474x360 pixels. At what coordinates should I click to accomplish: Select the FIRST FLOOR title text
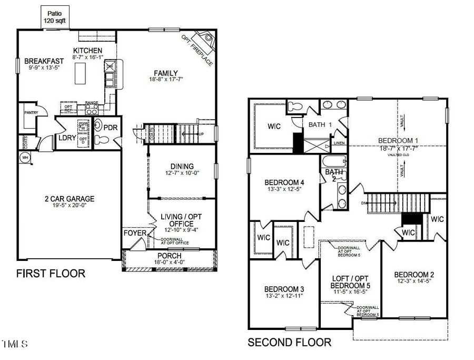click(51, 274)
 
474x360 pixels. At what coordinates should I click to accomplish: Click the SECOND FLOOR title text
click(290, 343)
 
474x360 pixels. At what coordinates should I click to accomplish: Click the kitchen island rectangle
click(81, 73)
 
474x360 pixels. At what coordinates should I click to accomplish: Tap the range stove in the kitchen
click(92, 110)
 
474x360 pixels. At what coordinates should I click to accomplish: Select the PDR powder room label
click(111, 128)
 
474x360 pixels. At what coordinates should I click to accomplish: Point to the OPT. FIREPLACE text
click(197, 51)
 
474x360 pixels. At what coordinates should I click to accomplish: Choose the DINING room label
click(182, 166)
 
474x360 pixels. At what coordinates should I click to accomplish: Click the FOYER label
click(132, 233)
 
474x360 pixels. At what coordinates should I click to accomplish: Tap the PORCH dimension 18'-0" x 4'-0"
click(169, 262)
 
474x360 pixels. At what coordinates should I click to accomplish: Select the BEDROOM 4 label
click(284, 183)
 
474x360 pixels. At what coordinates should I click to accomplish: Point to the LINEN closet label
click(339, 143)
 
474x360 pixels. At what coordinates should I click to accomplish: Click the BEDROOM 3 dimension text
click(284, 296)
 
